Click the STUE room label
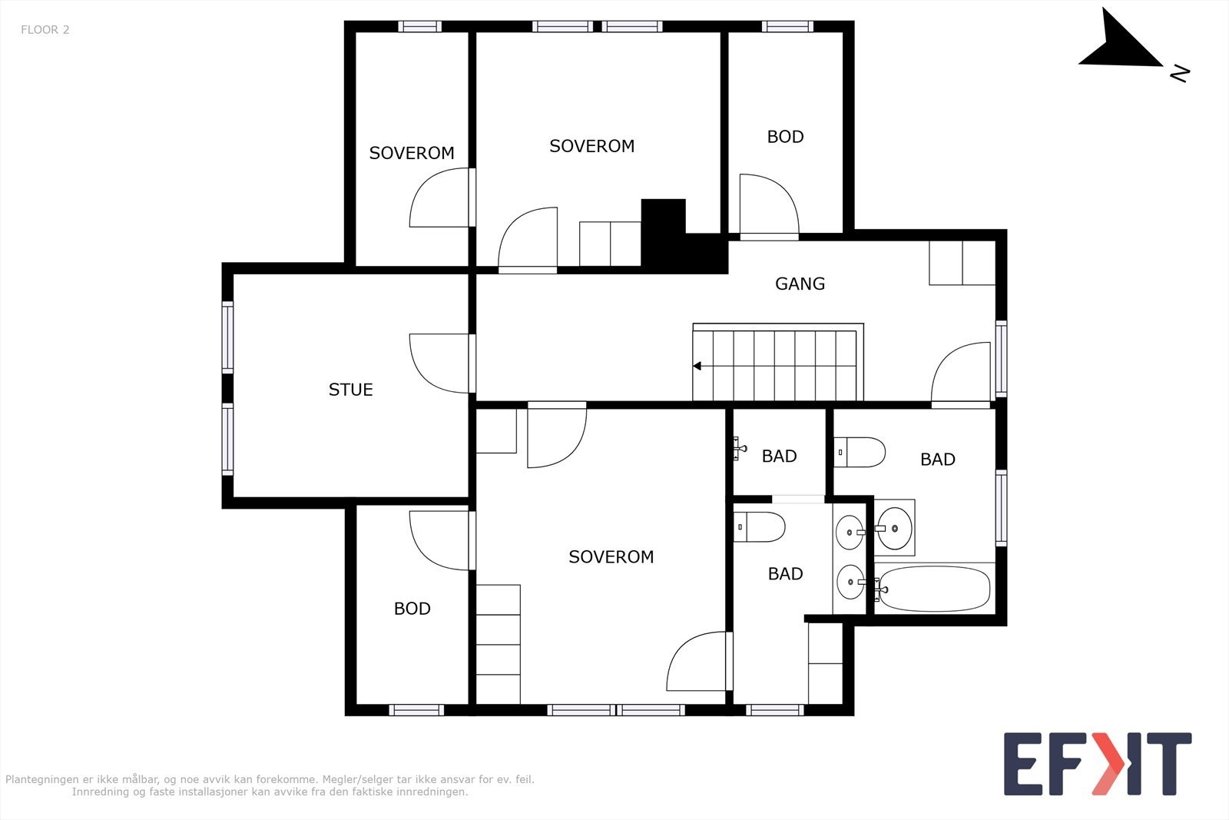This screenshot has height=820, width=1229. pos(350,390)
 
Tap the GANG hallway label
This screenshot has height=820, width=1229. pos(800,284)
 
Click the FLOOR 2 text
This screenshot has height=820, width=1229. pos(45,30)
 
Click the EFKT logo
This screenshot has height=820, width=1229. pos(1098,764)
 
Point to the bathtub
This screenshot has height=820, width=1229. pos(934,589)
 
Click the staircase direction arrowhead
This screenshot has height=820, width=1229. pos(697,366)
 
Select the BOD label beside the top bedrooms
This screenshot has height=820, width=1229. pos(785,137)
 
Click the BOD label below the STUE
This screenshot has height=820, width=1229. pos(412,609)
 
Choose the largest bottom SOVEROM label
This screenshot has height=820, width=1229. pos(611,557)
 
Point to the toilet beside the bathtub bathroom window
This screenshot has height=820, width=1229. pos(860,452)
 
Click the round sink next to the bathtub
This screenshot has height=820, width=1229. pos(894,528)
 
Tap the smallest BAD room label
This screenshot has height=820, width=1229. pos(779,456)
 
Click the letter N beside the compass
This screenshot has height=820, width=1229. pos(1180,74)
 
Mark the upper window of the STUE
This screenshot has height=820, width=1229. pos(227,337)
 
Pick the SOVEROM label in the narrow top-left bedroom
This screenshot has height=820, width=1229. pos(412,153)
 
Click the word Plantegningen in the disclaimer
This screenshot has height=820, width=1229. pos(41,780)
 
